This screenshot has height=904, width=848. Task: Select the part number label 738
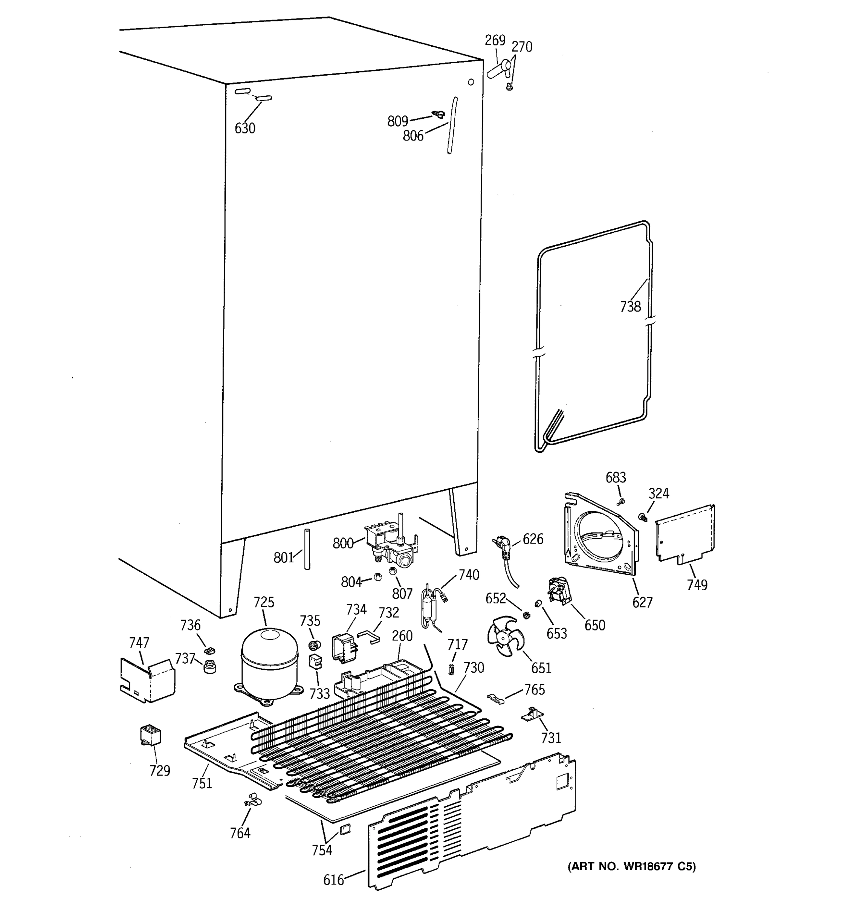pos(630,307)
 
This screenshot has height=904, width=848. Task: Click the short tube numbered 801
pos(307,549)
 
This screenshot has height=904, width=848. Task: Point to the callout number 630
pos(244,129)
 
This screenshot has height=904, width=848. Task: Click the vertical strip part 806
pos(452,125)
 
